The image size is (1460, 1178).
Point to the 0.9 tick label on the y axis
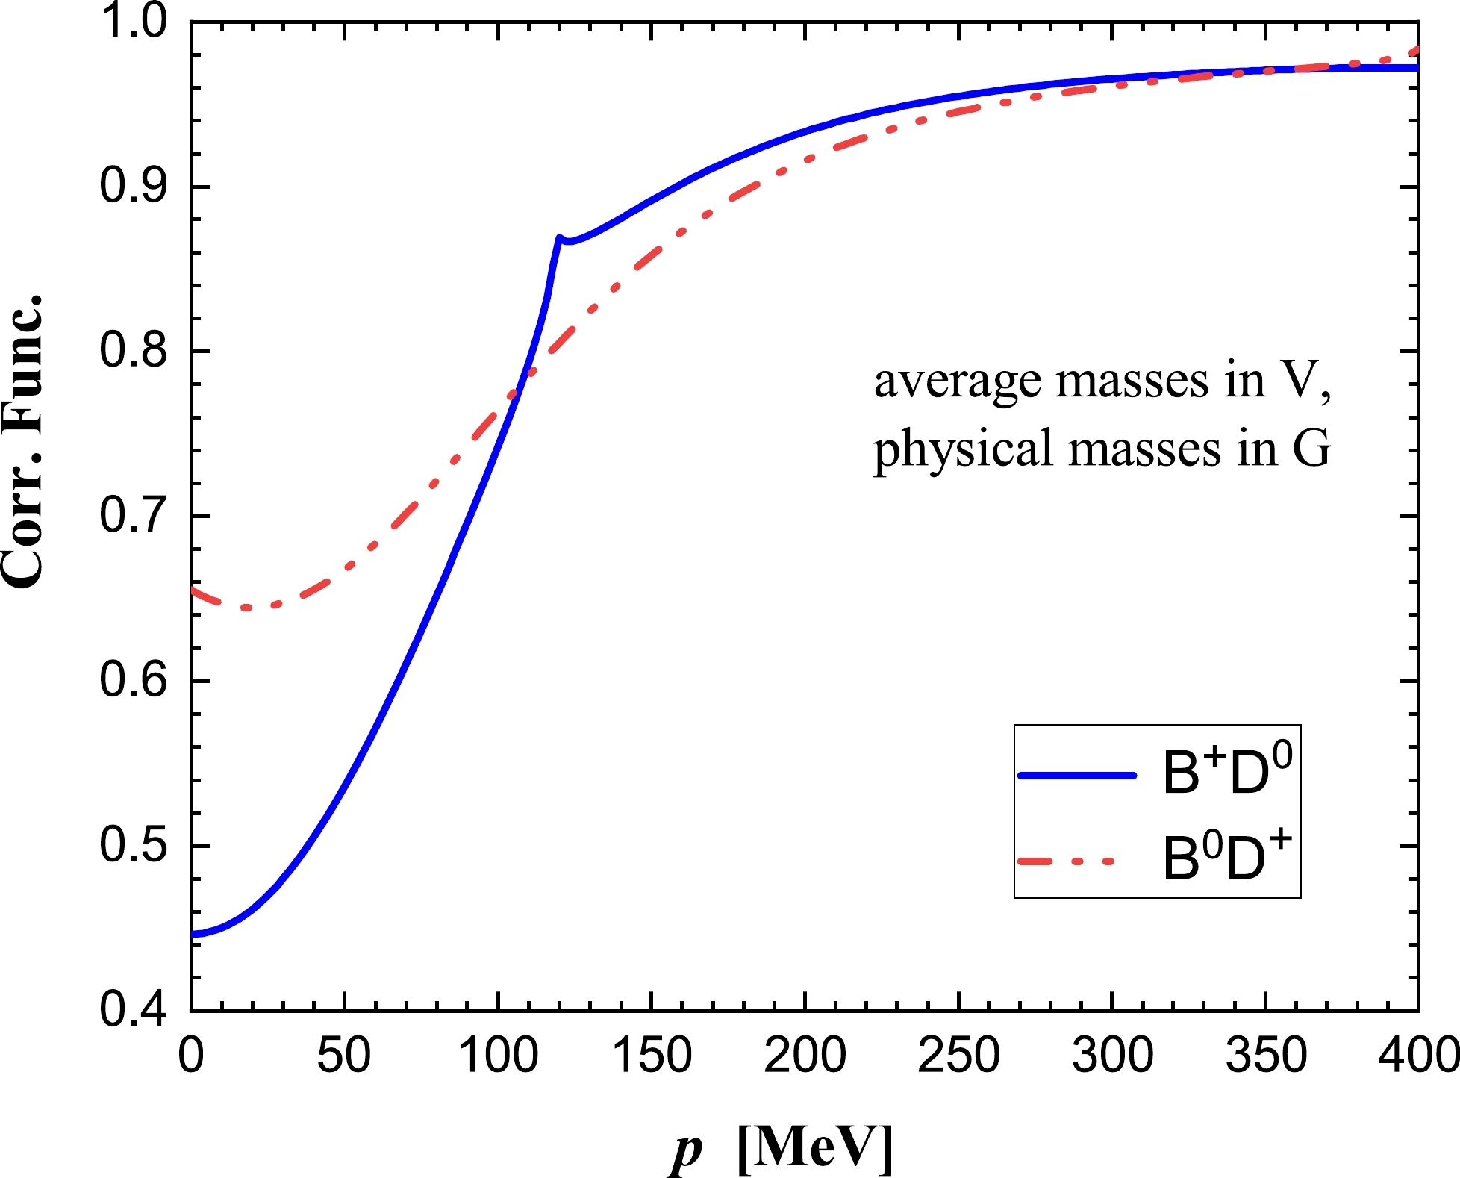[134, 186]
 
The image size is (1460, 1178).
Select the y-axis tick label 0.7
[134, 516]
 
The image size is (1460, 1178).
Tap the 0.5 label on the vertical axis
[134, 846]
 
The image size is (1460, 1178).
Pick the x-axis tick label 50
[344, 1056]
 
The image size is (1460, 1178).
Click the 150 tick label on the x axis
[652, 1056]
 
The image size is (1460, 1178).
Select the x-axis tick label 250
[958, 1056]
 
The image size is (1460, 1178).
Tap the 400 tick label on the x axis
[1417, 1056]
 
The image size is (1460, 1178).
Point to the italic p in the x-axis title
[684, 1150]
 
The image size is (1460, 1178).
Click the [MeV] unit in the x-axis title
[814, 1147]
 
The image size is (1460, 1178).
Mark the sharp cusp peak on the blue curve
[558, 238]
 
